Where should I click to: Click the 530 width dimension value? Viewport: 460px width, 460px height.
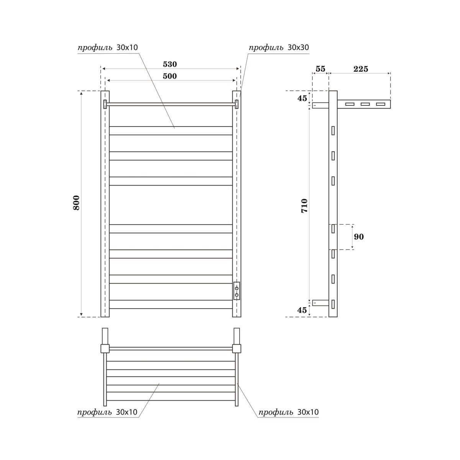pyautogui.click(x=170, y=64)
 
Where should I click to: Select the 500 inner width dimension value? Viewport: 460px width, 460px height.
pyautogui.click(x=170, y=76)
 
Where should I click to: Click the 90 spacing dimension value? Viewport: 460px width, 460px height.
pyautogui.click(x=359, y=237)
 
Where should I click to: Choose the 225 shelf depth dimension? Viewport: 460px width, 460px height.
pyautogui.click(x=360, y=69)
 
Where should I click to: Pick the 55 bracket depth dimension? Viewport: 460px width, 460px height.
pyautogui.click(x=320, y=69)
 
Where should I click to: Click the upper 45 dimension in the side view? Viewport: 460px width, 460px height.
pyautogui.click(x=302, y=98)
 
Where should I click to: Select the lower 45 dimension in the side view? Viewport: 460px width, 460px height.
pyautogui.click(x=302, y=310)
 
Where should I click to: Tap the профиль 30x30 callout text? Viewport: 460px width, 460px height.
pyautogui.click(x=279, y=48)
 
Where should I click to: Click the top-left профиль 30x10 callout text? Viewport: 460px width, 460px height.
pyautogui.click(x=108, y=48)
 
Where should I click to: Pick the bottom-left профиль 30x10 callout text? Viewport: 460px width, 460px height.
pyautogui.click(x=107, y=412)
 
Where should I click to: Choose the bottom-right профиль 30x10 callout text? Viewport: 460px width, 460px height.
pyautogui.click(x=288, y=412)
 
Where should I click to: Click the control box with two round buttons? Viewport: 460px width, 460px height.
pyautogui.click(x=237, y=291)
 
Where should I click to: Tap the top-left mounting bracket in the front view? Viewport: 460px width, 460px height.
pyautogui.click(x=105, y=104)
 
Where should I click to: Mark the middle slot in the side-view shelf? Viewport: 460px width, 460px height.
pyautogui.click(x=365, y=104)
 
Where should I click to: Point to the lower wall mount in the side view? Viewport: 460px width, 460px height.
pyautogui.click(x=320, y=303)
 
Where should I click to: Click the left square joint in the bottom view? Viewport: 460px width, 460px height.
pyautogui.click(x=105, y=348)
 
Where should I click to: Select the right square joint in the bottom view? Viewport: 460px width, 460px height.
pyautogui.click(x=237, y=348)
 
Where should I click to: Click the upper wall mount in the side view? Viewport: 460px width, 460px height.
pyautogui.click(x=320, y=105)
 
